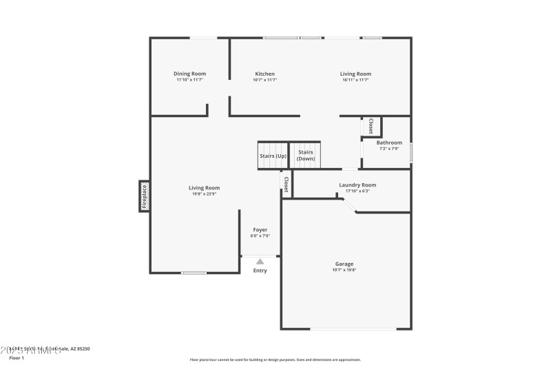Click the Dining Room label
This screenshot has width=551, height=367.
(189, 74)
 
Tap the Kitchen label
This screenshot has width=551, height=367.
(264, 74)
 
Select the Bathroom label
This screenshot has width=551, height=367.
(389, 143)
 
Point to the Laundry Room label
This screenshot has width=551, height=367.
(357, 185)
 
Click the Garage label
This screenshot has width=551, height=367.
(344, 264)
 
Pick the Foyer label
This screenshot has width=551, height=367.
(260, 229)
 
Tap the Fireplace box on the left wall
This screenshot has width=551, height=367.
(145, 196)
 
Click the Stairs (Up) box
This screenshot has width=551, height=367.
(273, 156)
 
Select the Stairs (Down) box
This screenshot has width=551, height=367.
(305, 156)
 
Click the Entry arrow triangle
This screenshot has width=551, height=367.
(260, 262)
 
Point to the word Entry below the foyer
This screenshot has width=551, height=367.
(260, 271)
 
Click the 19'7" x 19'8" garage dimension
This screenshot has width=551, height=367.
(344, 270)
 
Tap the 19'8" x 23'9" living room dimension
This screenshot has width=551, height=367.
(205, 193)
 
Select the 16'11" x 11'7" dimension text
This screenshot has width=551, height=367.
(355, 80)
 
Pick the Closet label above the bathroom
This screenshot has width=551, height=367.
(371, 127)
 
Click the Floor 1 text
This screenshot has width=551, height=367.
(17, 358)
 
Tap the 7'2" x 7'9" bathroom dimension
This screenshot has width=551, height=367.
(389, 149)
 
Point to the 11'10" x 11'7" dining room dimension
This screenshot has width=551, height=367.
(189, 80)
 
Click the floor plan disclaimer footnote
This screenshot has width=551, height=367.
(275, 359)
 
